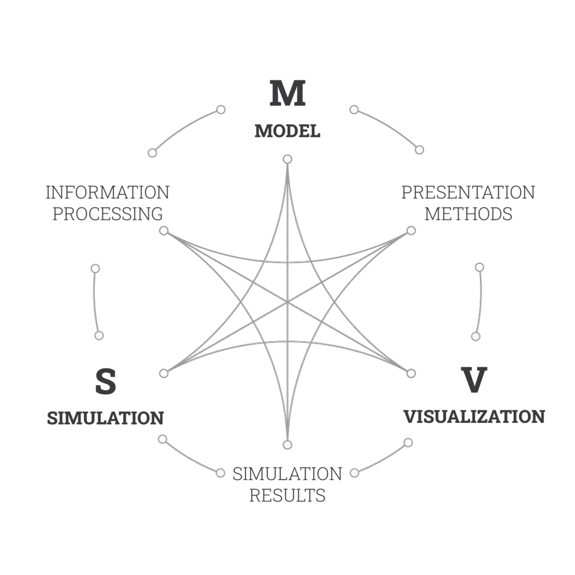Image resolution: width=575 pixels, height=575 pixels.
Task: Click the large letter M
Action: coord(287,93)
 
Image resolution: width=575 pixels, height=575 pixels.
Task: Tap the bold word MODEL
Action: coord(287,131)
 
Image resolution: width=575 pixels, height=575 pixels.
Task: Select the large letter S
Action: coord(106,381)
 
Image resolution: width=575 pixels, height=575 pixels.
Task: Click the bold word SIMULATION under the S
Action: coord(105,418)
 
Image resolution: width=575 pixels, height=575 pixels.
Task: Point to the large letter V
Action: coord(474,380)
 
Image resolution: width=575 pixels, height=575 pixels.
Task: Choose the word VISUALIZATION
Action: coord(474,417)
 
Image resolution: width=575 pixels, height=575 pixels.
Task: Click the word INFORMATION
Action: coord(107,193)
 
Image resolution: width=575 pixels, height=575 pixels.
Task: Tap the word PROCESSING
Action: coord(107,214)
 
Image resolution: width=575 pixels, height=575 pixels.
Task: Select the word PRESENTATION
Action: coord(468,193)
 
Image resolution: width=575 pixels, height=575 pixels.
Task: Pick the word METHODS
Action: coord(468,214)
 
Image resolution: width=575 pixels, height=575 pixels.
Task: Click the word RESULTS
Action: coord(287,495)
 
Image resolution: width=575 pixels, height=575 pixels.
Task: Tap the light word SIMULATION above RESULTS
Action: coord(287,474)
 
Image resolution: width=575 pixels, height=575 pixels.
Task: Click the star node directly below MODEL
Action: coord(287,159)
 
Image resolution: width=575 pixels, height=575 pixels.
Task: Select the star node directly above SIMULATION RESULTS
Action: coord(287,445)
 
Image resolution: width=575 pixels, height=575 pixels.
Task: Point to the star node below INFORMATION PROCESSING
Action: coord(164,230)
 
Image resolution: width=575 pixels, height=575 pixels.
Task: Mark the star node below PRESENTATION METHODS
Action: coord(411,230)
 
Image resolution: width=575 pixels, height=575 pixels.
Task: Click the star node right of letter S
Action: coord(164,373)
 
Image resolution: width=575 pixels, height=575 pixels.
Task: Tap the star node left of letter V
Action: coord(411,373)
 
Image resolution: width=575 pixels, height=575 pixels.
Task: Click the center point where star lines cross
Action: coord(287,302)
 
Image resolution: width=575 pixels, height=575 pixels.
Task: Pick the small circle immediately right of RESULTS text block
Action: coord(354,473)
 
